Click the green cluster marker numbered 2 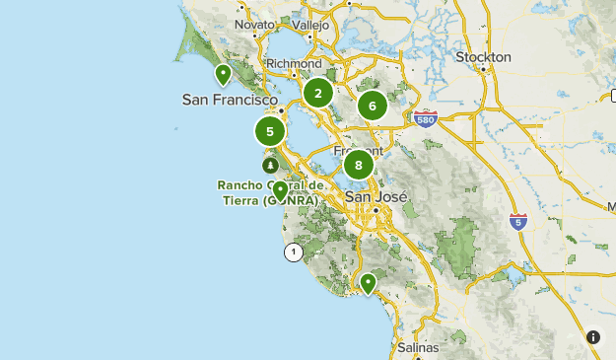click(x=317, y=94)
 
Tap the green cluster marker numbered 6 click(x=372, y=106)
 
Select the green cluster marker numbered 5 click(x=270, y=130)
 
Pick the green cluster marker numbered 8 click(x=359, y=165)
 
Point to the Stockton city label click(x=483, y=57)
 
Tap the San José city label click(x=376, y=196)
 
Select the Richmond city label click(x=294, y=63)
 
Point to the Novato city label click(x=255, y=24)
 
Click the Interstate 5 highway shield click(x=518, y=221)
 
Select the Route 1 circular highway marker click(x=293, y=252)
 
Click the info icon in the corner click(x=593, y=336)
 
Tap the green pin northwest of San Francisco click(x=224, y=74)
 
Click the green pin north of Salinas click(x=368, y=283)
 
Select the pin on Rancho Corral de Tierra click(x=280, y=190)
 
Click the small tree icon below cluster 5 click(x=269, y=165)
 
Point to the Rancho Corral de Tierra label click(x=268, y=192)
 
